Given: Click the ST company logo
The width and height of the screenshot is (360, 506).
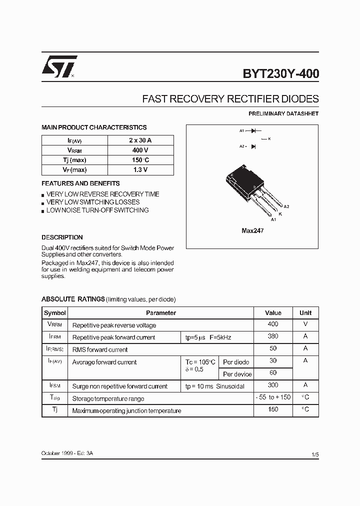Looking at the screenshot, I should pyautogui.click(x=59, y=66).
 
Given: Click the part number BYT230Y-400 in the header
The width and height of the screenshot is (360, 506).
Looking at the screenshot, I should pyautogui.click(x=281, y=74).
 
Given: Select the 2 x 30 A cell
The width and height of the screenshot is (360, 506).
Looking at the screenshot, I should pyautogui.click(x=140, y=140).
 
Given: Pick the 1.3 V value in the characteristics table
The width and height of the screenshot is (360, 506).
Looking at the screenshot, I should pyautogui.click(x=140, y=170).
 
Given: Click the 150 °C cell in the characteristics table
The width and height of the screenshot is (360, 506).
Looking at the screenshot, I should pyautogui.click(x=140, y=160).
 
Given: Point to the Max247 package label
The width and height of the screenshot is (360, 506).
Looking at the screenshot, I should pyautogui.click(x=252, y=231).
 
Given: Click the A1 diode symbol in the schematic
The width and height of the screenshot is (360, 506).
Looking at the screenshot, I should pyautogui.click(x=253, y=130).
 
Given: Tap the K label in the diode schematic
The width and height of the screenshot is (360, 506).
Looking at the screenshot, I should pyautogui.click(x=269, y=138).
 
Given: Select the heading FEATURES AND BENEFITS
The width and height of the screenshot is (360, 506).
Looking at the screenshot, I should pyautogui.click(x=80, y=183).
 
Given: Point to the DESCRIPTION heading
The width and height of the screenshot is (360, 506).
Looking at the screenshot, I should pyautogui.click(x=62, y=237).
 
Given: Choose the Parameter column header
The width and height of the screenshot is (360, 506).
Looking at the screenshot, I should pyautogui.click(x=160, y=313).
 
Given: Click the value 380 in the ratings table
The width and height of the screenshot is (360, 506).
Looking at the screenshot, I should pyautogui.click(x=273, y=336).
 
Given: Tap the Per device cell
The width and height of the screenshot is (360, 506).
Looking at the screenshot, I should pyautogui.click(x=237, y=374).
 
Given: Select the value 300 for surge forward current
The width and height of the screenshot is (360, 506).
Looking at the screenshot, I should pyautogui.click(x=273, y=385).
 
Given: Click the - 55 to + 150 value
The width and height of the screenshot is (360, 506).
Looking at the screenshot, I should pyautogui.click(x=273, y=397).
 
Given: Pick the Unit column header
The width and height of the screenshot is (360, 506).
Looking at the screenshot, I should pyautogui.click(x=305, y=313).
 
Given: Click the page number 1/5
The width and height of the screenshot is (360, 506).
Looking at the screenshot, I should pyautogui.click(x=314, y=454).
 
